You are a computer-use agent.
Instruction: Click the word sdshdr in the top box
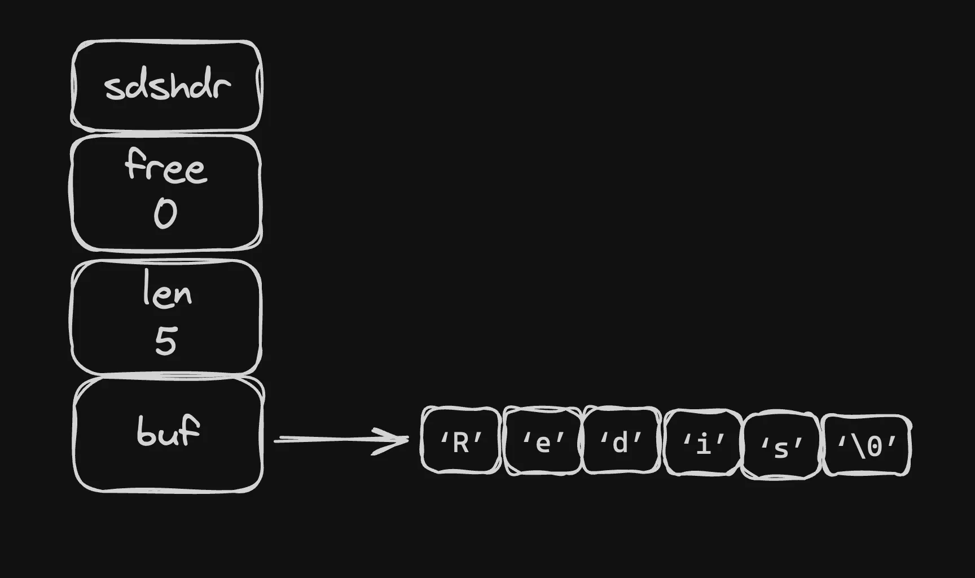click(168, 86)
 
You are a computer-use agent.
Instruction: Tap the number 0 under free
click(165, 214)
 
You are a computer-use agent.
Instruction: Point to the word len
click(167, 290)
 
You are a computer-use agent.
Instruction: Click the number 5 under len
click(166, 341)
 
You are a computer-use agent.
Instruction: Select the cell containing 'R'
click(461, 440)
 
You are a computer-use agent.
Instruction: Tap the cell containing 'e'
click(542, 441)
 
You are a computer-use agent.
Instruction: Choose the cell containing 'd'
click(621, 441)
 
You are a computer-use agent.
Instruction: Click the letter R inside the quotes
click(461, 444)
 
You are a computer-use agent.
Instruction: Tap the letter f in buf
click(191, 431)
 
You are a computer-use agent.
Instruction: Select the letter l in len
click(147, 288)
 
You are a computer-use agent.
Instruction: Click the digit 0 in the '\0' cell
click(874, 447)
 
